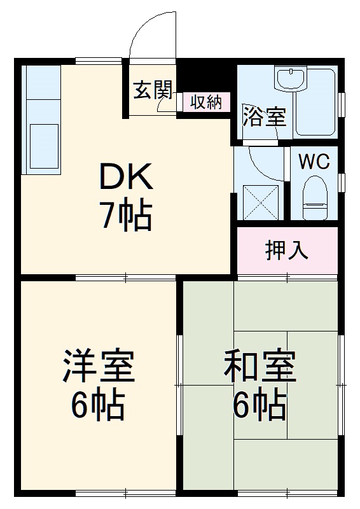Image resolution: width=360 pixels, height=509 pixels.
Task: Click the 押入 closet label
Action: tap(287, 251)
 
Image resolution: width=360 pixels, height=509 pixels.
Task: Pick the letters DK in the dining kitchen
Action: tap(125, 178)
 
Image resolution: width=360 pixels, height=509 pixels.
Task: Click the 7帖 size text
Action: tap(125, 217)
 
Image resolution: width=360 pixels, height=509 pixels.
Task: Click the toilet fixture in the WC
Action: tap(314, 194)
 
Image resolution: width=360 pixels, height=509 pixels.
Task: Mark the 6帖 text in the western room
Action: tap(97, 405)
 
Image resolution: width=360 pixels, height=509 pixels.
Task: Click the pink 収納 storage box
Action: tap(205, 102)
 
